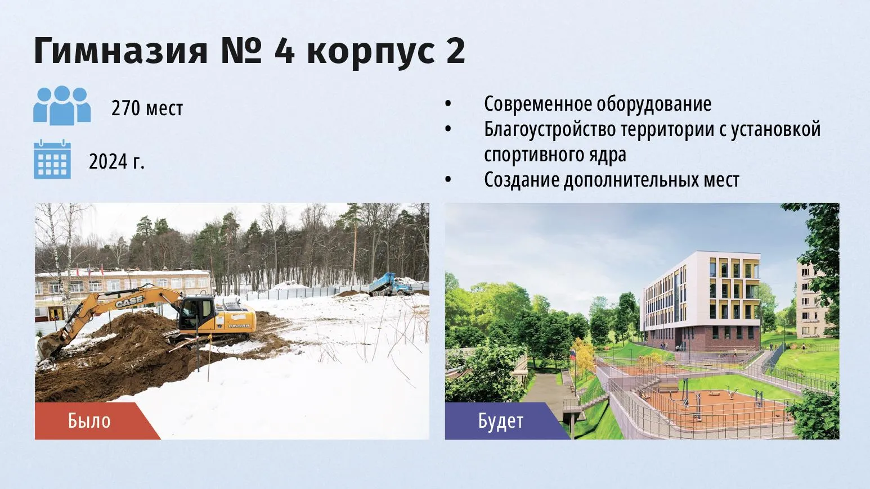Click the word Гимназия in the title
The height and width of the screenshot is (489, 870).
point(120,51)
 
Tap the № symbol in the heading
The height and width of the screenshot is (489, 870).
point(241,51)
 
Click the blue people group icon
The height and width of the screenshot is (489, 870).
point(62,106)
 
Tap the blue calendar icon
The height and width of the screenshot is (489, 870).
point(52,159)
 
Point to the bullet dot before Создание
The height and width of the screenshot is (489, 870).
point(448,180)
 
